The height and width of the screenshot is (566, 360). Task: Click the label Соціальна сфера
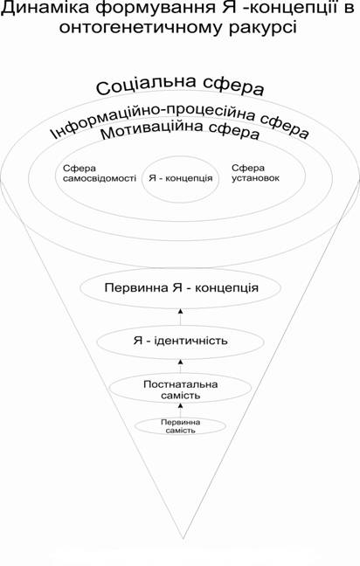(180, 86)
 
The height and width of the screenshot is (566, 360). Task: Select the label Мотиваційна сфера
(180, 131)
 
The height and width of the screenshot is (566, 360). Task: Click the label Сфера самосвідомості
(100, 173)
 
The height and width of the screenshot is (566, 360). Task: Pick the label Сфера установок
(255, 173)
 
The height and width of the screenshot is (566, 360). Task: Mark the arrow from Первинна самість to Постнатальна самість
(181, 411)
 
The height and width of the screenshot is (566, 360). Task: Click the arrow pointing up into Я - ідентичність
(181, 366)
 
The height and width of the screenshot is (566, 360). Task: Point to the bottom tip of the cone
(183, 539)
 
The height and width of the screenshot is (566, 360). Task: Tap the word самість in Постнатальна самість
(181, 396)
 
